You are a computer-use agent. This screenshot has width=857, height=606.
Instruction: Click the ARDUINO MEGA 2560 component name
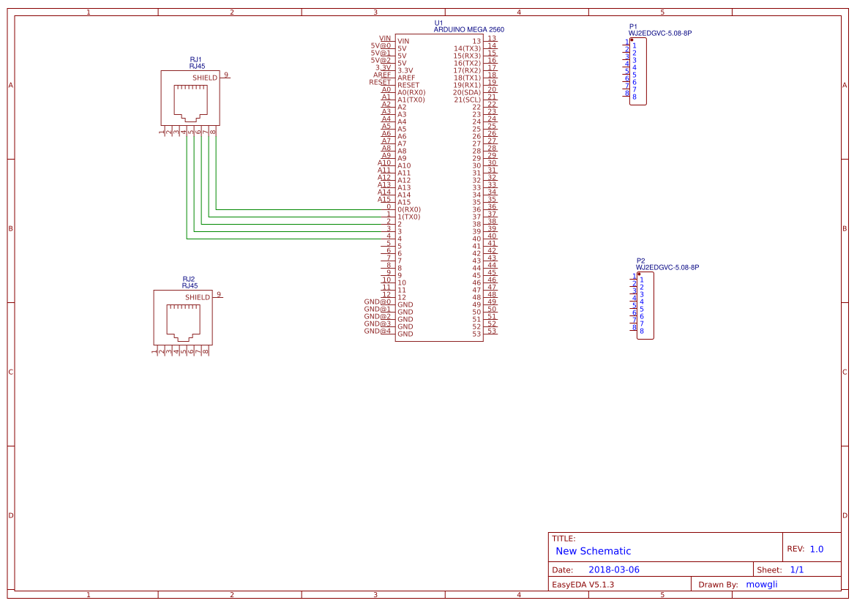[x=468, y=30]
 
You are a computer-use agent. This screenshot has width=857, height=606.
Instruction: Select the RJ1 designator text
[x=195, y=59]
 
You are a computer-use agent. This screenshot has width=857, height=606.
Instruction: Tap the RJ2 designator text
[x=188, y=280]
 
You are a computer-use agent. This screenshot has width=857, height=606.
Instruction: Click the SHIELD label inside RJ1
[x=204, y=78]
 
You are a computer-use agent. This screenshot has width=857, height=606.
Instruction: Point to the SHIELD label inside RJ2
[x=197, y=298]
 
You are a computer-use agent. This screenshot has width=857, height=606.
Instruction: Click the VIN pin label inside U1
[x=403, y=41]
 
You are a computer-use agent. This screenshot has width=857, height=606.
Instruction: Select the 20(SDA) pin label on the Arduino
[x=467, y=92]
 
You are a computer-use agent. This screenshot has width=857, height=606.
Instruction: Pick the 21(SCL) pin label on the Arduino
[x=467, y=100]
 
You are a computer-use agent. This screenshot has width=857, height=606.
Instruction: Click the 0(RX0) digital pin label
[x=409, y=209]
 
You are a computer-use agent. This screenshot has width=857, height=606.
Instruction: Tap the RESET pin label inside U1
[x=408, y=85]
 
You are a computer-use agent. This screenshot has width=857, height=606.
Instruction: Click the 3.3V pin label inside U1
[x=405, y=70]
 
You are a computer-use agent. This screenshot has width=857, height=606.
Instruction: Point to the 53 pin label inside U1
[x=476, y=334]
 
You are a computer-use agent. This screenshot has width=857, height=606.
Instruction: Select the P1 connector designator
[x=633, y=26]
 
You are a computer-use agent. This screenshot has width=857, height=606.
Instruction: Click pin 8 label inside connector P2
[x=642, y=331]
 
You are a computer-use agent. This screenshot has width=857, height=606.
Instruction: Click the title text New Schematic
[x=593, y=551]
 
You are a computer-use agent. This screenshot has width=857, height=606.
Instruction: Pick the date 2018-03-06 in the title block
[x=613, y=569]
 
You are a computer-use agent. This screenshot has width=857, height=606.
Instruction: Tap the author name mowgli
[x=761, y=584]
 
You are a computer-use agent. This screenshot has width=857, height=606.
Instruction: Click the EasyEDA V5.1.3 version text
[x=583, y=584]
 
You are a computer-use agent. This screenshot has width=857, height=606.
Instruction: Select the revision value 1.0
[x=816, y=549]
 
